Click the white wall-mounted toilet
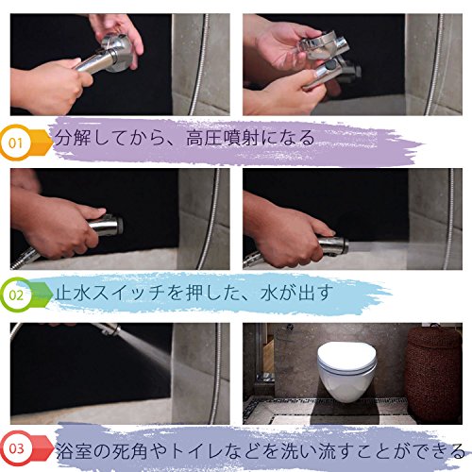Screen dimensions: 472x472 pyautogui.click(x=346, y=371)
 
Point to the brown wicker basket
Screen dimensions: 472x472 pyautogui.click(x=433, y=374)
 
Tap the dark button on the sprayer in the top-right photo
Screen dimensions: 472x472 pyautogui.click(x=330, y=66)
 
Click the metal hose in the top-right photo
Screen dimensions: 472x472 pyautogui.click(x=434, y=64)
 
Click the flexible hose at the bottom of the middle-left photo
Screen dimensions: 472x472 pyautogui.click(x=25, y=258)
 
